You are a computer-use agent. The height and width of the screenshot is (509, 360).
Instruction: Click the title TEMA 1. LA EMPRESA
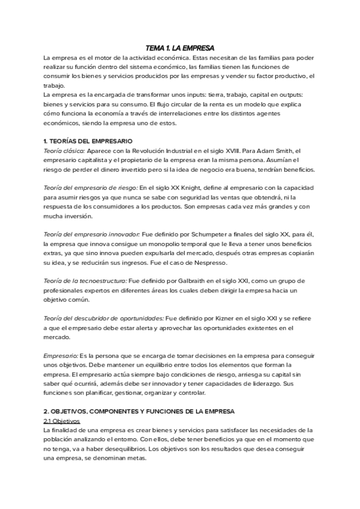coord(180,48)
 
